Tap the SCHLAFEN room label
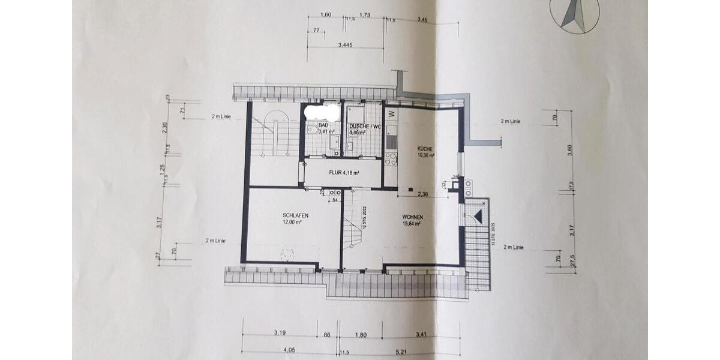point(291,215)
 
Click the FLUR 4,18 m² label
point(344,173)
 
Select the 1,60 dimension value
point(325,14)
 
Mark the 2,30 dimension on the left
point(164,127)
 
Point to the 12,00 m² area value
point(292,221)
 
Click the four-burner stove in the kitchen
point(391,159)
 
